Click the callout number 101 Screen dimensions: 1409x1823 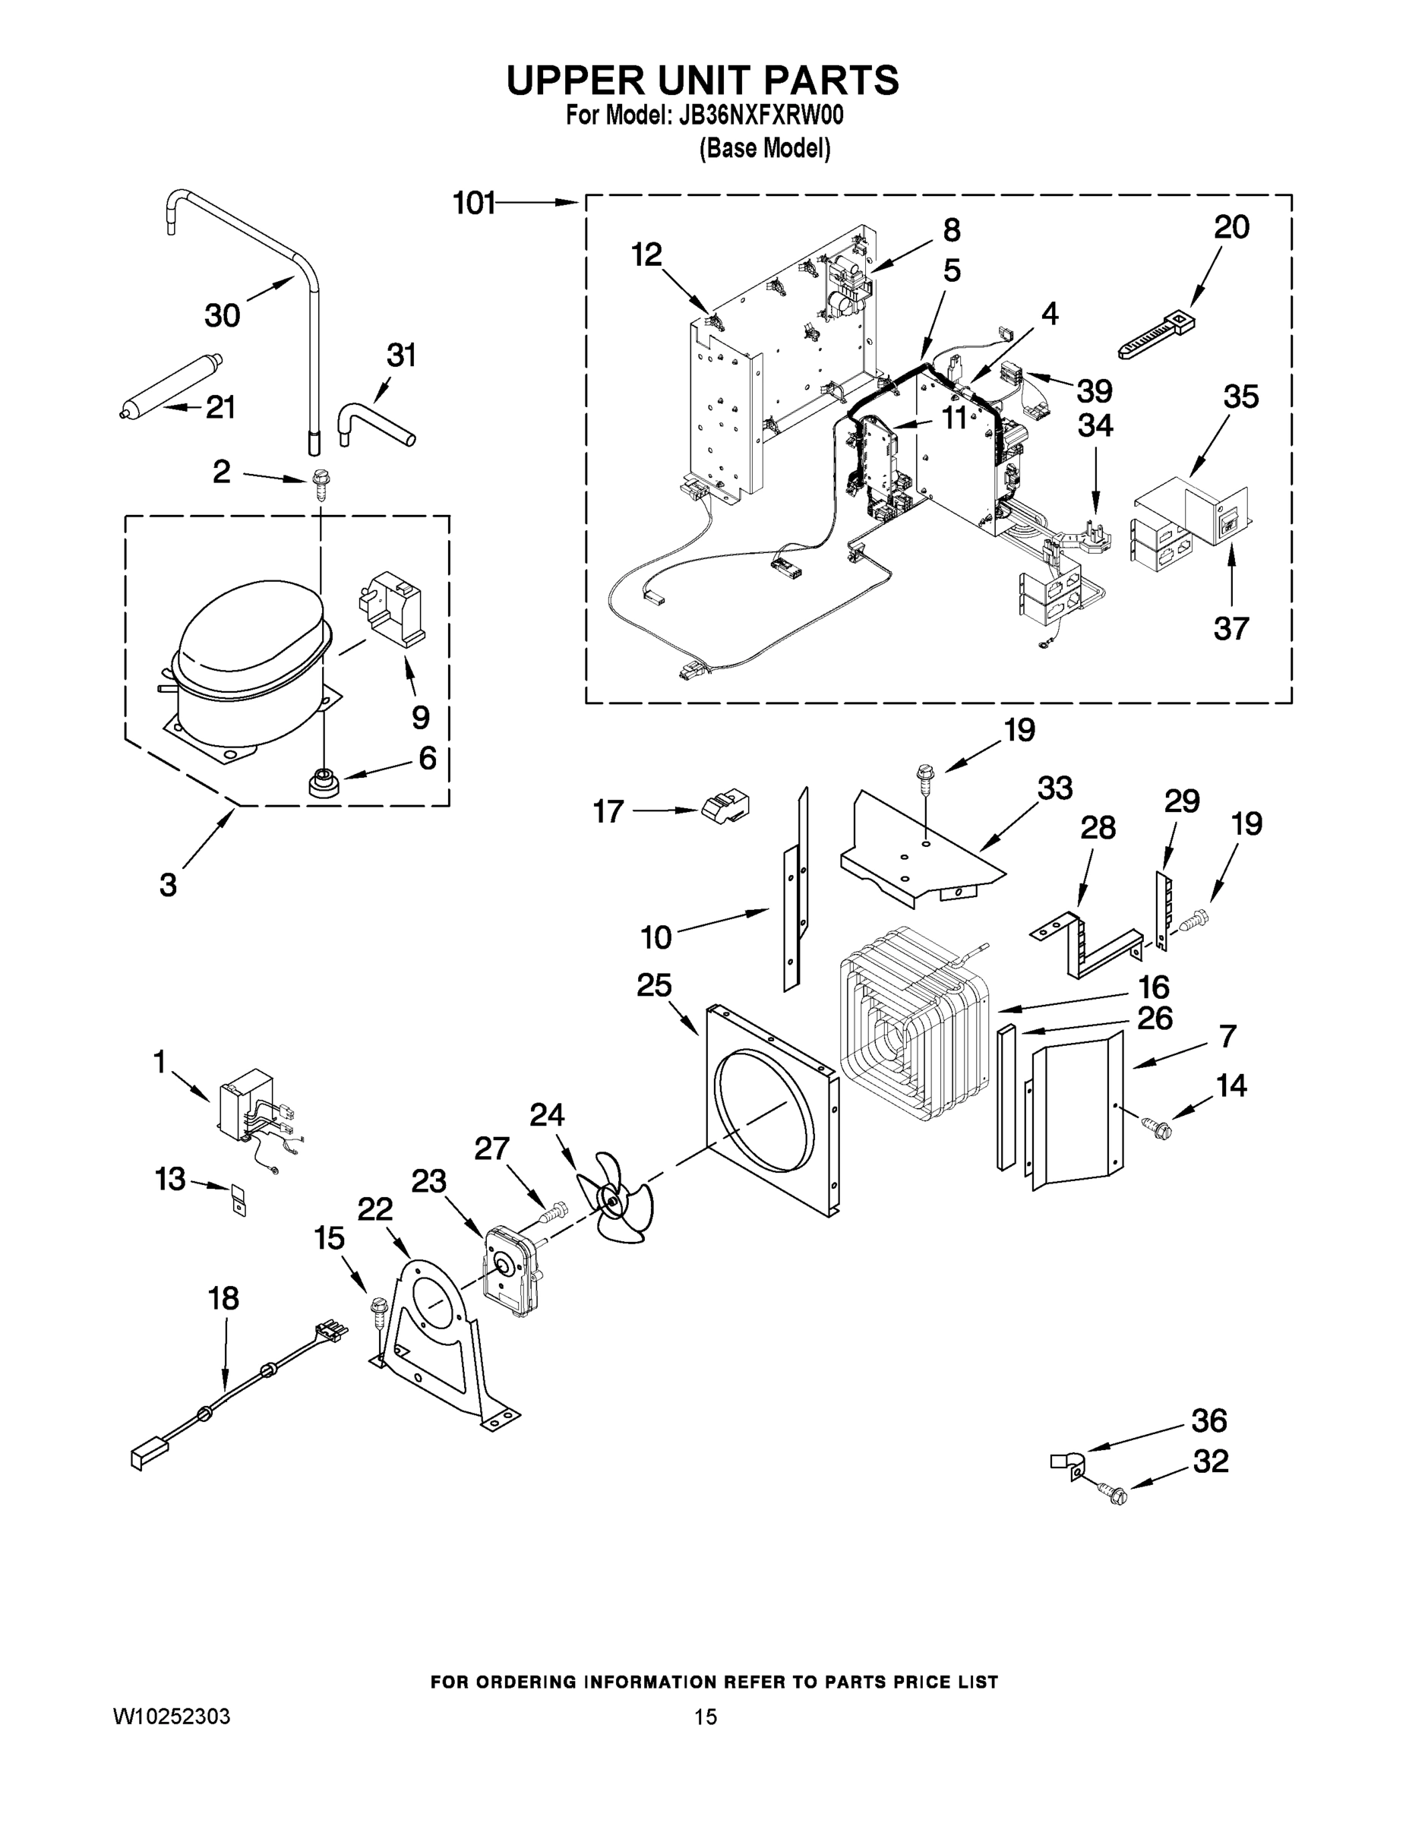point(473,203)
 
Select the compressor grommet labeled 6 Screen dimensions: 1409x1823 point(323,784)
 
